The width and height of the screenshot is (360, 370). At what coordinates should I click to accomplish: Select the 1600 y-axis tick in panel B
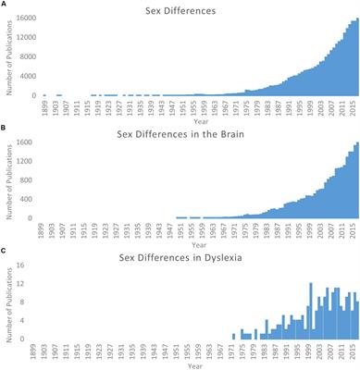(29, 143)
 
